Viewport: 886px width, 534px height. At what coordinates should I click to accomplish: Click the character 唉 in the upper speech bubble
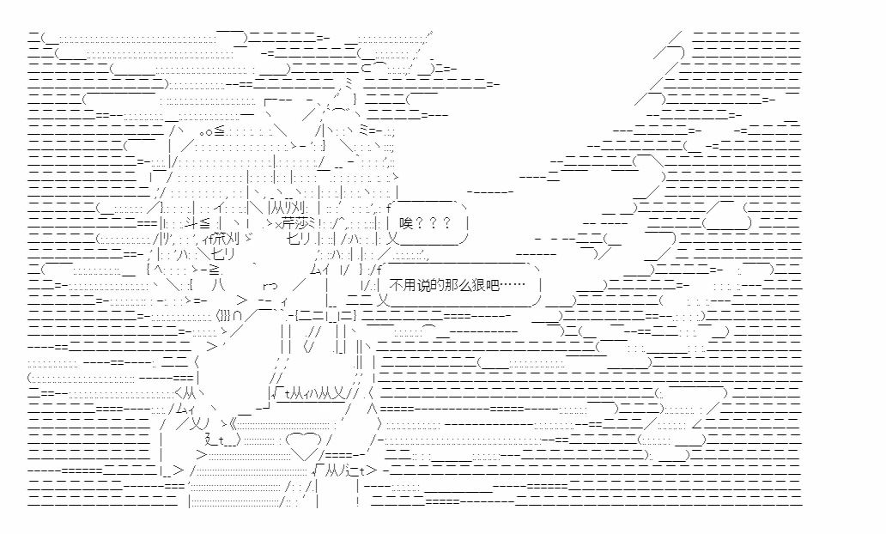tap(406, 223)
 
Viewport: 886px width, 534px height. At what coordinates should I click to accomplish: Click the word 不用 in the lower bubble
tap(403, 285)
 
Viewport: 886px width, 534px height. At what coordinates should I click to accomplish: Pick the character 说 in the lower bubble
tap(422, 285)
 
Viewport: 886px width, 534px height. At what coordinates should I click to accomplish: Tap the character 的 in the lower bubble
tap(435, 285)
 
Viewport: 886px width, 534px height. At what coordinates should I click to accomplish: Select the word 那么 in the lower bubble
tap(455, 285)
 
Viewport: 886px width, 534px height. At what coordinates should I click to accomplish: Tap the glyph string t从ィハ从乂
tap(313, 394)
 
